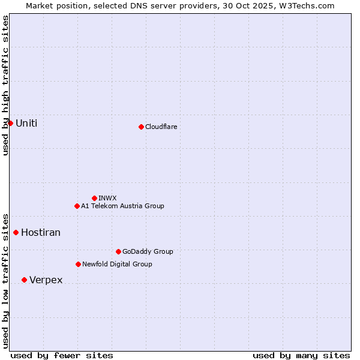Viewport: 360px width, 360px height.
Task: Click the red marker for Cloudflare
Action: coord(141,127)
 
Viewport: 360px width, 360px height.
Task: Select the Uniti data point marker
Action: coord(10,123)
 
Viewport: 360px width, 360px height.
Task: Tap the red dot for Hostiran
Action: coord(16,232)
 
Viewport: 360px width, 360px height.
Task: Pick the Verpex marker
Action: coord(24,280)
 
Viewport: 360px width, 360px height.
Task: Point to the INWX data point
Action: coord(94,198)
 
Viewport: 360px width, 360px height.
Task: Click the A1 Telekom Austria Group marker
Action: coord(77,206)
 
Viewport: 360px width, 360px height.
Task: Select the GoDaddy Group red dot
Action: coord(118,251)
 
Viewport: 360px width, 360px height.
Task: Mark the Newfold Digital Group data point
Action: coord(78,264)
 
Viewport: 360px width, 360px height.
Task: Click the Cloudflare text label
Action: coord(161,127)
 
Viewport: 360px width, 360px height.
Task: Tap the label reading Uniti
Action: coord(26,123)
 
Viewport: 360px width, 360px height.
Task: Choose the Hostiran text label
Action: coord(41,232)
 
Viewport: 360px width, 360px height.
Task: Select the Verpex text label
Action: coord(46,280)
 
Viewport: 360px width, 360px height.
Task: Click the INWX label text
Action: coord(107,198)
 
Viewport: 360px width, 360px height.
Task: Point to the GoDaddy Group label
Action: coord(148,251)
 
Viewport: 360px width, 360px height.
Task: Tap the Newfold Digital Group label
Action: coord(117,264)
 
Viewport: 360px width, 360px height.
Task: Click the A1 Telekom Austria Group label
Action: coord(122,206)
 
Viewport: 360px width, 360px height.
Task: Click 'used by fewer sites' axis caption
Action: coord(62,355)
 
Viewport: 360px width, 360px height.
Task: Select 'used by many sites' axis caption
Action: coord(301,355)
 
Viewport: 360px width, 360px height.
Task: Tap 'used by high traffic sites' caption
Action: coord(5,85)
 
